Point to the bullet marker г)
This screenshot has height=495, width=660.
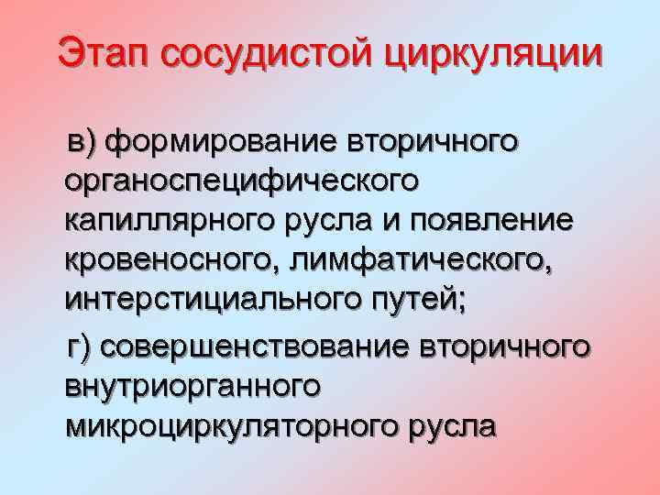82,347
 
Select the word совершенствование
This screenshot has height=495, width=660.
256,347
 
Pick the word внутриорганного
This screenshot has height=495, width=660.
192,388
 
